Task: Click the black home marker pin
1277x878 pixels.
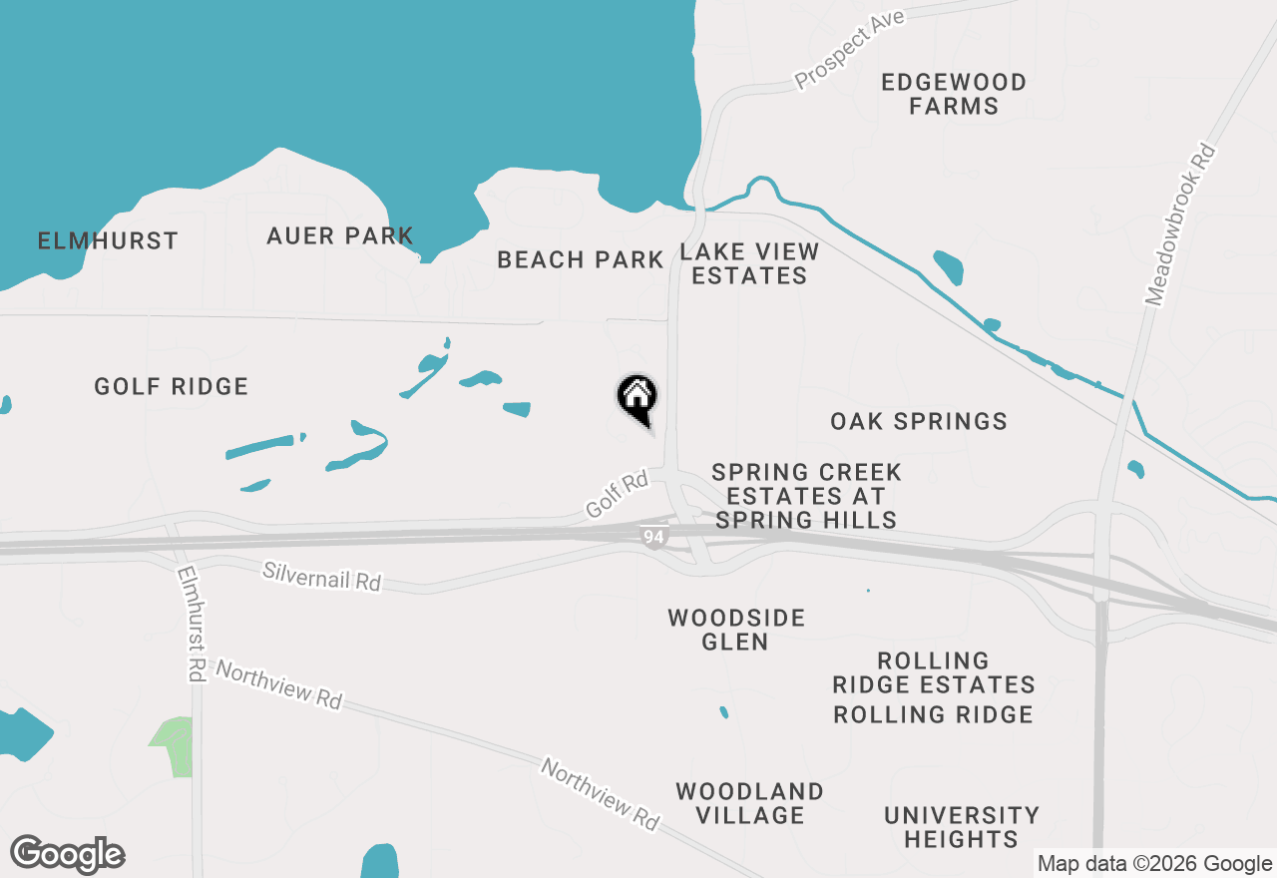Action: pyautogui.click(x=637, y=397)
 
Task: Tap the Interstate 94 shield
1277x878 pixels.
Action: pyautogui.click(x=652, y=538)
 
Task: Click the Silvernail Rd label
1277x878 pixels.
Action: pyautogui.click(x=321, y=576)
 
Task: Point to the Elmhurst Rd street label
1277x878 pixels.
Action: pyautogui.click(x=190, y=624)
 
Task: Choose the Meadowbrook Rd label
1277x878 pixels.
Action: pyautogui.click(x=1181, y=224)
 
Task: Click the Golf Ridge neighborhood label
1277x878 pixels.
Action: pyautogui.click(x=172, y=387)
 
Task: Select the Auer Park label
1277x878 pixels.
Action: pyautogui.click(x=340, y=236)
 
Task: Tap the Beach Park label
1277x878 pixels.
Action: pyautogui.click(x=581, y=260)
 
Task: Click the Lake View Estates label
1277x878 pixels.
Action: pyautogui.click(x=749, y=263)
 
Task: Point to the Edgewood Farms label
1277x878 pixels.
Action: pyautogui.click(x=954, y=94)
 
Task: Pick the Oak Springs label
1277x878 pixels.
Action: pyautogui.click(x=919, y=421)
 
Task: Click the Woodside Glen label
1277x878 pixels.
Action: pyautogui.click(x=736, y=630)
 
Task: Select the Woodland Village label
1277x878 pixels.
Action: pyautogui.click(x=750, y=803)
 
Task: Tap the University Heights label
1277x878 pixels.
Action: pyautogui.click(x=962, y=827)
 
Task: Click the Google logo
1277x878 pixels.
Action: pyautogui.click(x=67, y=855)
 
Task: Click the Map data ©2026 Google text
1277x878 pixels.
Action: pyautogui.click(x=1154, y=864)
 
